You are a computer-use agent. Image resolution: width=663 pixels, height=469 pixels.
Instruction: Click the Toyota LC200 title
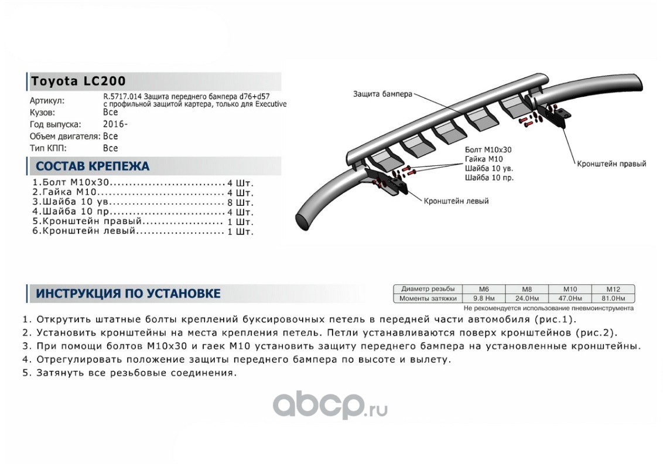click(78, 81)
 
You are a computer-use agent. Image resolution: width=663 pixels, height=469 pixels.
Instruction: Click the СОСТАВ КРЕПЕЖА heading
click(93, 166)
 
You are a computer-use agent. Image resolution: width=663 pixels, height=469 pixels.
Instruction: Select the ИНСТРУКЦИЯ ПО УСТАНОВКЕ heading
click(128, 293)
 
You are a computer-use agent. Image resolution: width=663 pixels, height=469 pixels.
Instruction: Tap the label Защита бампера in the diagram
click(382, 94)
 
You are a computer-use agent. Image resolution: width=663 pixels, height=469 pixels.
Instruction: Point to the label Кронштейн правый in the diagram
click(611, 164)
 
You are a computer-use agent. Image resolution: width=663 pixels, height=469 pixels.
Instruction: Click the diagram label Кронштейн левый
click(457, 201)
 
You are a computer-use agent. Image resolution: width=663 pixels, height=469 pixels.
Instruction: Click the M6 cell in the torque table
click(484, 289)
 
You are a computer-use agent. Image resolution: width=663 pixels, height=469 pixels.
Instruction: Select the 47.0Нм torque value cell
click(569, 298)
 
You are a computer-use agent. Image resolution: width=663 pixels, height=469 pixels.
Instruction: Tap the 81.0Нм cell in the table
click(613, 298)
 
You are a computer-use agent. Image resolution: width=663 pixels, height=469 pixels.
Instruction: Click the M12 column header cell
click(613, 289)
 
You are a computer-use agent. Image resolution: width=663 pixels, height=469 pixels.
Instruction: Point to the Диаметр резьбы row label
click(428, 289)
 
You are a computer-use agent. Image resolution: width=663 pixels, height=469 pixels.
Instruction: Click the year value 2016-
click(115, 124)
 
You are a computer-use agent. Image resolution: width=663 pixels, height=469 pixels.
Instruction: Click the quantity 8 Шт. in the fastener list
click(240, 202)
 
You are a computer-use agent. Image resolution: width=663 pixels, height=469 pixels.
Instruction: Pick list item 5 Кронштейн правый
click(88, 222)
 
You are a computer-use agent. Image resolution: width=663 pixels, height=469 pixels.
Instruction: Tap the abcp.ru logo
click(330, 404)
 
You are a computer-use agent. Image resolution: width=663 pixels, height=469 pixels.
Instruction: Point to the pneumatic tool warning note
click(548, 307)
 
